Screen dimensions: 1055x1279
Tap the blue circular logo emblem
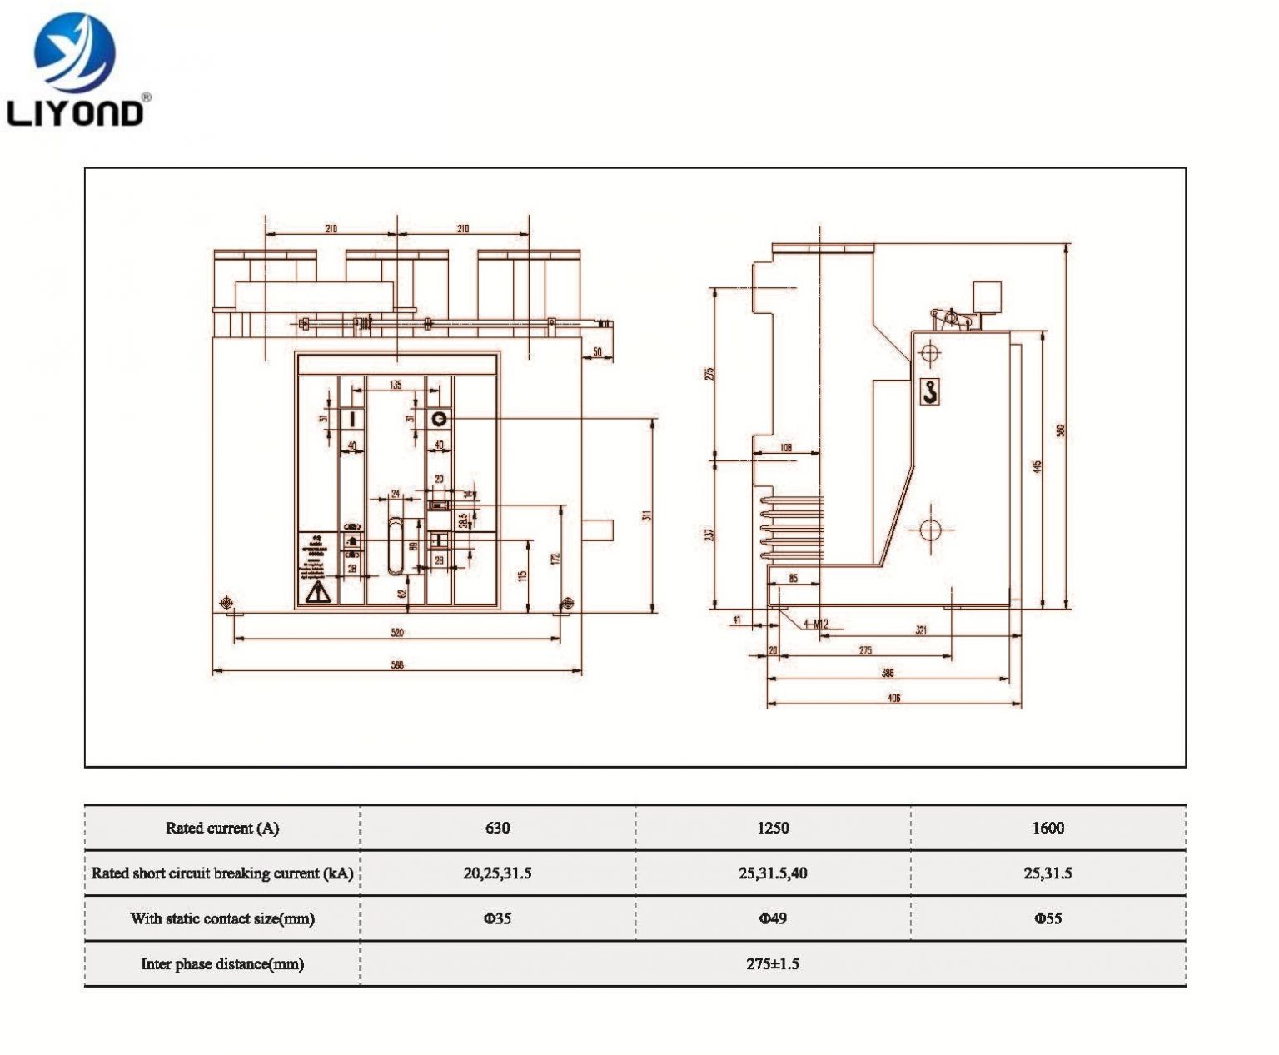(x=75, y=52)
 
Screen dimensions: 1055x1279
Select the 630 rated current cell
(x=497, y=828)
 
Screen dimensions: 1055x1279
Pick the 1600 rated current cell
(x=1048, y=828)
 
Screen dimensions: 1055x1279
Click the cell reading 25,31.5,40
(x=772, y=873)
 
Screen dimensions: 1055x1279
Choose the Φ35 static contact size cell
(x=497, y=918)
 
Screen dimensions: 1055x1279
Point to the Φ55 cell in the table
(x=1048, y=918)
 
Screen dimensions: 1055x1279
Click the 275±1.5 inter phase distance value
(x=772, y=963)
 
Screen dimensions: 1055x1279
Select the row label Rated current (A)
(x=222, y=828)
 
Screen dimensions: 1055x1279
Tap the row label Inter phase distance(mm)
(x=222, y=964)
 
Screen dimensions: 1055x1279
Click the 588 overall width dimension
(x=397, y=665)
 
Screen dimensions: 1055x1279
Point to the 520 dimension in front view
(x=397, y=633)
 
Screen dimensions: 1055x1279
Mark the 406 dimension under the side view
(x=893, y=698)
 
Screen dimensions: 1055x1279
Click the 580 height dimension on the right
(x=1061, y=430)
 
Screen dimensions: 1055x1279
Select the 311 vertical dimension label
(x=647, y=515)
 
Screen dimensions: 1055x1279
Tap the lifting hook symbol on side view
(x=930, y=391)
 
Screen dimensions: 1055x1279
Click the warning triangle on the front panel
(x=318, y=592)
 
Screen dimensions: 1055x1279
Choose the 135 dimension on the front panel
(x=396, y=385)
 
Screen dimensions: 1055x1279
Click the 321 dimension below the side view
(x=921, y=630)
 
